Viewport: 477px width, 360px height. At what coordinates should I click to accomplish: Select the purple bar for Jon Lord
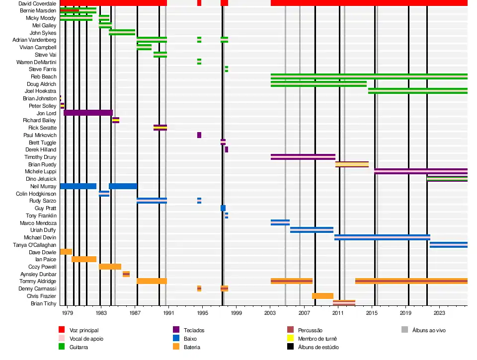pos(88,113)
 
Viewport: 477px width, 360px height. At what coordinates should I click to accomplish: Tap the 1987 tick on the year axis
pos(135,313)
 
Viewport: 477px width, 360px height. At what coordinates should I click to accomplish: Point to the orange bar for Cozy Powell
pos(110,267)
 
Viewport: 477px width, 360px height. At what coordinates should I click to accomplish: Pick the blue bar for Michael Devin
pos(382,237)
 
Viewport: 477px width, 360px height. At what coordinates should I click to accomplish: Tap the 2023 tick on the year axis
pos(439,313)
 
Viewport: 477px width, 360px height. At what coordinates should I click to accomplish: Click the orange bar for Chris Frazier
pos(322,296)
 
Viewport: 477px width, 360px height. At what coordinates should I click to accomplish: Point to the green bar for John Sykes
pos(122,32)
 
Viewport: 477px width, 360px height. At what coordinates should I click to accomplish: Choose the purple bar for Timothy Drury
pos(303,157)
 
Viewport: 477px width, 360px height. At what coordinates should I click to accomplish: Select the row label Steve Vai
pos(46,55)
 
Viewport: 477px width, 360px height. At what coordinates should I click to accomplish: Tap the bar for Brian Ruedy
pos(352,164)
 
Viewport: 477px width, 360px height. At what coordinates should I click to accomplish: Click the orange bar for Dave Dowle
pos(66,252)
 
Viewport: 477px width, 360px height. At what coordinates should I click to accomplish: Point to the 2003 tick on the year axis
pos(270,313)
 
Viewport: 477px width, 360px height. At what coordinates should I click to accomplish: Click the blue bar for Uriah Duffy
pos(312,230)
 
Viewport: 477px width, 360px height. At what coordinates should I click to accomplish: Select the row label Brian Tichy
pos(44,303)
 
